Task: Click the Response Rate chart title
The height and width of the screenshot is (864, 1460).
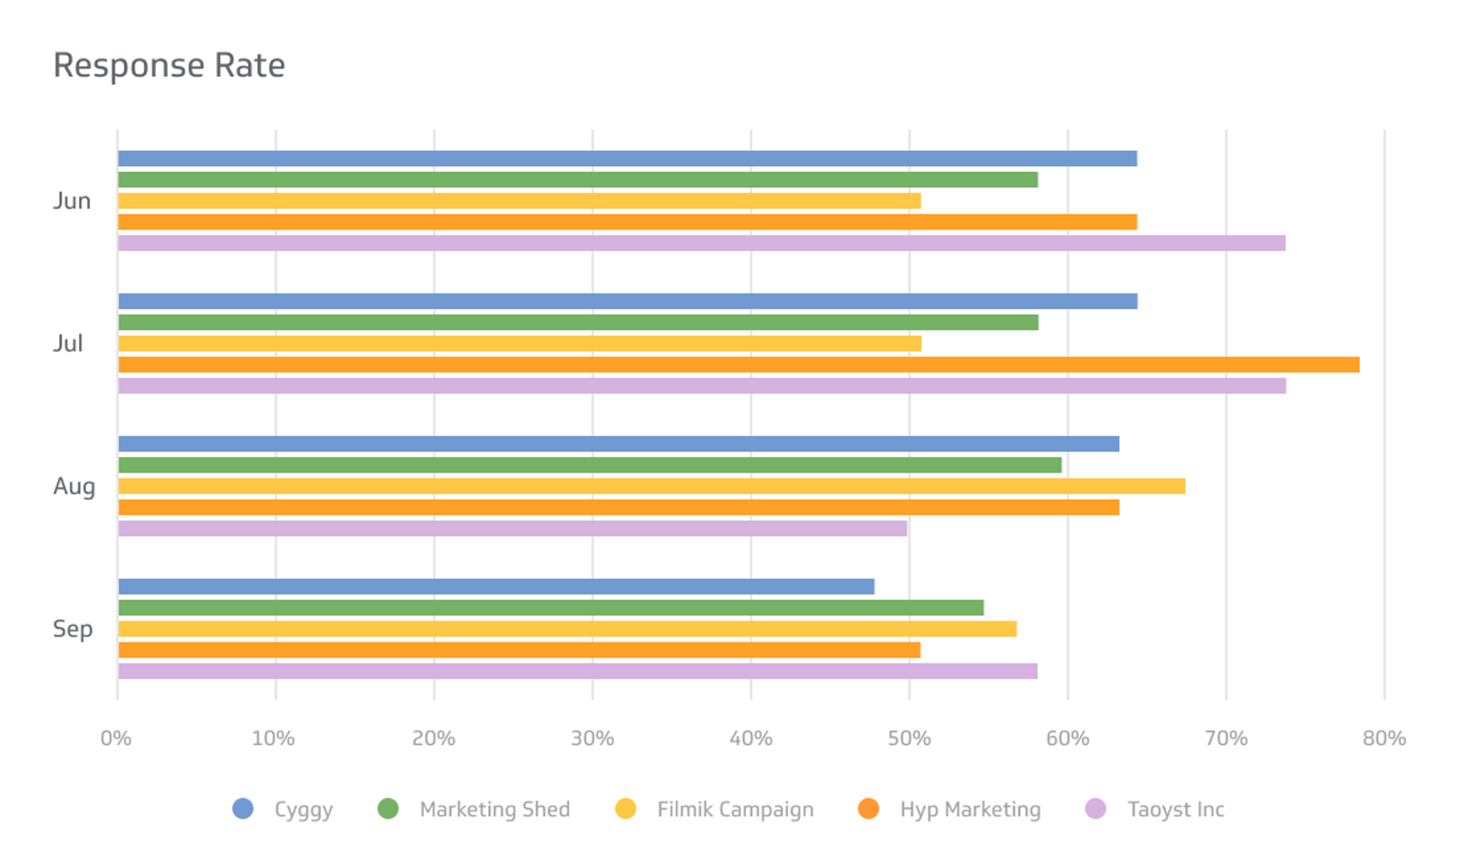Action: [x=169, y=66]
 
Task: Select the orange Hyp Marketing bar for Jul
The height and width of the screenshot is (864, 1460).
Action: [x=738, y=365]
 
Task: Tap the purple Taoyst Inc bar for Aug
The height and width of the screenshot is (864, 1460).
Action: [x=512, y=529]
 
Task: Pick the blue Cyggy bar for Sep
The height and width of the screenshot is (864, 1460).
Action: [x=496, y=586]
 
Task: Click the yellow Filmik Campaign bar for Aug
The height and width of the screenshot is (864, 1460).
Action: [x=651, y=486]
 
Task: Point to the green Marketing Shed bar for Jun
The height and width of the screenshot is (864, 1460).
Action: [x=577, y=180]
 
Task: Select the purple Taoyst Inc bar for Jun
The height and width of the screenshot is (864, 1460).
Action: [x=701, y=243]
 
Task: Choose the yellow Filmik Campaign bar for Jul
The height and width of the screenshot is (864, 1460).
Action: [x=519, y=344]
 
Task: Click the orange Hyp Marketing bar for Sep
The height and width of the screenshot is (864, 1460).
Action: [x=519, y=650]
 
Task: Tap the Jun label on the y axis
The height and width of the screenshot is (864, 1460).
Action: [x=72, y=201]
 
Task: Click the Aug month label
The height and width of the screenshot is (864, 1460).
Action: [x=74, y=486]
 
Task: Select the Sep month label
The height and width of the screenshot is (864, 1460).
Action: [x=73, y=629]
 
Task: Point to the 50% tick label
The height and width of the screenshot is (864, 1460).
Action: [x=909, y=738]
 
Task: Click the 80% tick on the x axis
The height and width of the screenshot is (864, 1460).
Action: [x=1384, y=738]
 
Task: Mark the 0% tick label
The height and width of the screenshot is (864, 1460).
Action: [x=117, y=738]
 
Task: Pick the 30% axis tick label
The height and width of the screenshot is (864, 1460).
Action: [x=592, y=738]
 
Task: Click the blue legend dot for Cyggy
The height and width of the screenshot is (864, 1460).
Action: [x=243, y=809]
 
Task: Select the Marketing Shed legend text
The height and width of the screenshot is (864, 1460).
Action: [x=494, y=810]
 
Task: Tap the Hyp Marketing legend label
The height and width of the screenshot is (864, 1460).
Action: [x=970, y=810]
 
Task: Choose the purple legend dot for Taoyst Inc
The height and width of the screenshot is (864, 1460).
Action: [x=1095, y=809]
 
